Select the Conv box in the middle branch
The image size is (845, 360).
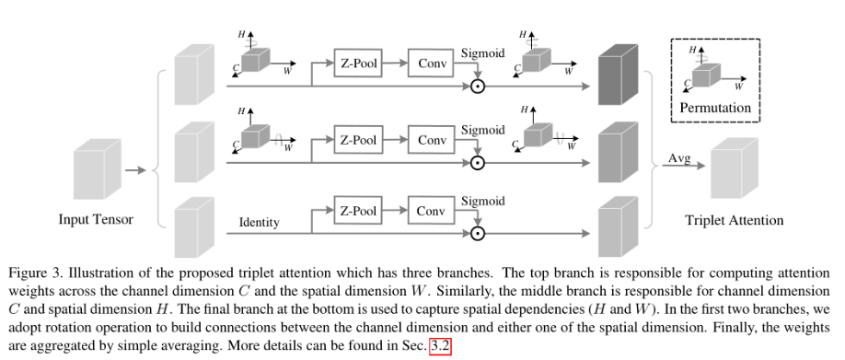tap(432, 141)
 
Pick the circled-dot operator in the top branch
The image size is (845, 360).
tap(477, 87)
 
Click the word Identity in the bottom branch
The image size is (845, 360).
tap(259, 223)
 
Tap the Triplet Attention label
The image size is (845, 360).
tap(735, 220)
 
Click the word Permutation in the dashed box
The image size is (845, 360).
tap(715, 108)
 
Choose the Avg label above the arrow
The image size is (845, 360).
tap(677, 159)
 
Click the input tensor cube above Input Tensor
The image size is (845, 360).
tap(94, 172)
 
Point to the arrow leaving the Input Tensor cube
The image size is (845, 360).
tap(135, 170)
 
